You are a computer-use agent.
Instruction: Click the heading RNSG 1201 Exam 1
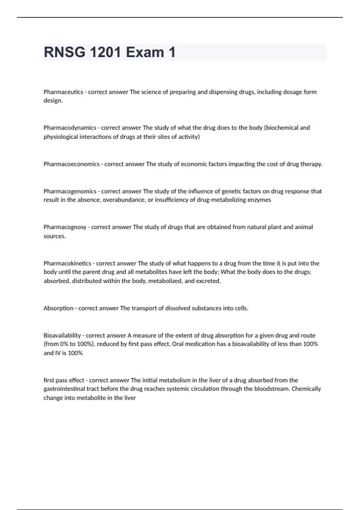click(109, 52)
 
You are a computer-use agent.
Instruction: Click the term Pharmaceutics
click(63, 92)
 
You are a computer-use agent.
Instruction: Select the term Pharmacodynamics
click(70, 128)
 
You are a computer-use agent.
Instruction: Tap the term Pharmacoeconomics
click(71, 164)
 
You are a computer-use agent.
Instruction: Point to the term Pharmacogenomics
click(70, 191)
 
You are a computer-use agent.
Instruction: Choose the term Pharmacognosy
click(65, 227)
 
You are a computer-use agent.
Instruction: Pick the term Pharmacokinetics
click(67, 263)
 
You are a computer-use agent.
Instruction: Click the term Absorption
click(58, 308)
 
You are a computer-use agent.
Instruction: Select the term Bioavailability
click(62, 335)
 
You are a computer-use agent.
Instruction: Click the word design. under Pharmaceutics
click(53, 100)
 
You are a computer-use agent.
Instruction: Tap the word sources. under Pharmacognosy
click(55, 236)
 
